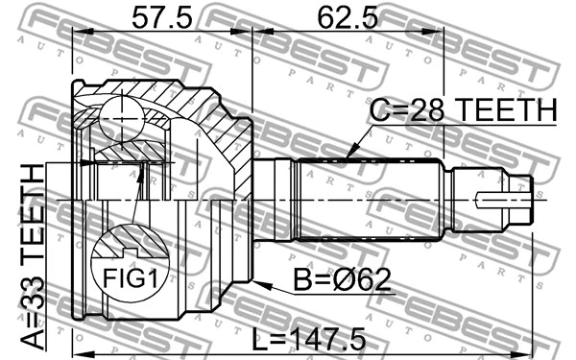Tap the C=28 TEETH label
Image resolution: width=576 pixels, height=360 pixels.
tap(463, 112)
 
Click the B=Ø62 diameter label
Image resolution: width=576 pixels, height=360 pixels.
tap(333, 280)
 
